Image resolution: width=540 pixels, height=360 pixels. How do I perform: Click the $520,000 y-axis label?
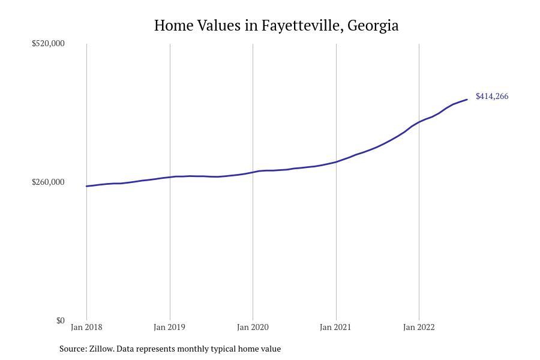click(x=48, y=43)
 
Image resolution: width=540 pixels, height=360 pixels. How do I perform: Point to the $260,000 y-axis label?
click(x=48, y=182)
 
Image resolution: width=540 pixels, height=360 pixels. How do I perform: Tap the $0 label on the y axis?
click(x=61, y=320)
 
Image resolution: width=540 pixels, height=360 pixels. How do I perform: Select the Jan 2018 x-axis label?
click(x=86, y=327)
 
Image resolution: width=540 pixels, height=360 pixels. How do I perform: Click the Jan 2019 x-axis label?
click(x=169, y=327)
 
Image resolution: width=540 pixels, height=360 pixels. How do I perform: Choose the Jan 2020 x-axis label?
click(x=253, y=327)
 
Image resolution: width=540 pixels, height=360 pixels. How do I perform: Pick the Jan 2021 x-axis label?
click(x=335, y=327)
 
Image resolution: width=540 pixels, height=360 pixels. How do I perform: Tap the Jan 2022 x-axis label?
click(x=419, y=327)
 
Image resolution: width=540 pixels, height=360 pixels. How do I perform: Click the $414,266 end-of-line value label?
click(x=492, y=96)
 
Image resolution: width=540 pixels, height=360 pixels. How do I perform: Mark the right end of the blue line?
click(x=467, y=100)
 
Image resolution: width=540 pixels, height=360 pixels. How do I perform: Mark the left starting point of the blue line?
click(x=86, y=186)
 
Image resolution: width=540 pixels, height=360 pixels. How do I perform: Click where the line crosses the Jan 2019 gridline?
click(x=170, y=177)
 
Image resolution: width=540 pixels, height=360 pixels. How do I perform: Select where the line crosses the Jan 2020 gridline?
click(x=253, y=172)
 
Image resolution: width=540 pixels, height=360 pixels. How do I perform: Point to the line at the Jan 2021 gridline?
click(x=336, y=162)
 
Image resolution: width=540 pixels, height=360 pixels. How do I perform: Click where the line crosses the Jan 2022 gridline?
click(x=419, y=122)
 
